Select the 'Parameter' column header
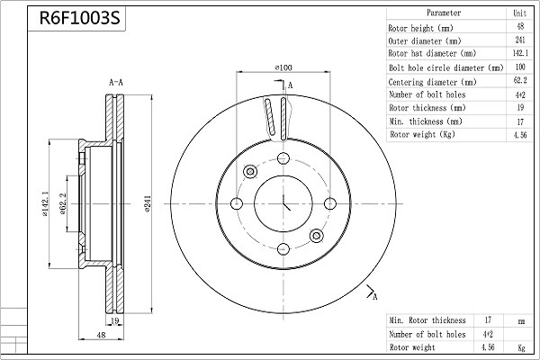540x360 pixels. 443,13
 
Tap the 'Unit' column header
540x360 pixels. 519,13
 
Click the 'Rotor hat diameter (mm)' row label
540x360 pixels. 427,54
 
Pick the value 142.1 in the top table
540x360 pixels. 519,54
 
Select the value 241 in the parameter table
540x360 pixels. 519,40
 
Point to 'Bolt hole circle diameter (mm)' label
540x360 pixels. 445,67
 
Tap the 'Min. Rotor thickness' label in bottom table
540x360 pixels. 427,320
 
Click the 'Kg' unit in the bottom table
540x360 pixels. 520,346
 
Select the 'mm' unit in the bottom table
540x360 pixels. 520,320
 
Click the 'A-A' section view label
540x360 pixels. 116,82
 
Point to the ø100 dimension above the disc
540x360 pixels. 284,67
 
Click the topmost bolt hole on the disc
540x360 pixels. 283,159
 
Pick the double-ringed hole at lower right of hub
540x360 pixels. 316,236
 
